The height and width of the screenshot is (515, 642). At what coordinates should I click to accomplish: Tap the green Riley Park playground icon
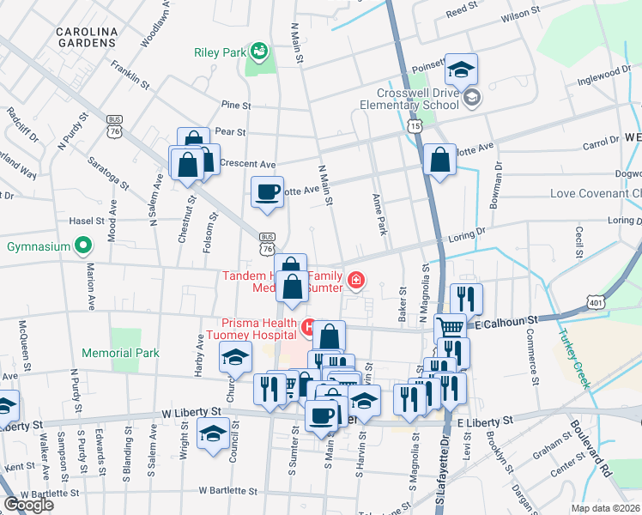point(257,53)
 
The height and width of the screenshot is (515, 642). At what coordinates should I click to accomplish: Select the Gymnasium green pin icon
point(83,247)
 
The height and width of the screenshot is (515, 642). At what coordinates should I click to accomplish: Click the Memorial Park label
point(121,353)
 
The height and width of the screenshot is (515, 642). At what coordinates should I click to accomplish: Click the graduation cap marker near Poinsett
point(462,70)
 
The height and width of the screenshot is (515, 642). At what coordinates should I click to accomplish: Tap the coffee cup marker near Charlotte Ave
point(267,191)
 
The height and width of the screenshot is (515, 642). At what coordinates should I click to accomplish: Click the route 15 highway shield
point(415,126)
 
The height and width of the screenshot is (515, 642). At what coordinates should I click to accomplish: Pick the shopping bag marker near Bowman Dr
point(439,160)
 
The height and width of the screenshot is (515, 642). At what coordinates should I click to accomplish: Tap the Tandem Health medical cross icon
point(354,280)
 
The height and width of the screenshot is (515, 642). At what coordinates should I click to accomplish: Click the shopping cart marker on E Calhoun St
point(450,327)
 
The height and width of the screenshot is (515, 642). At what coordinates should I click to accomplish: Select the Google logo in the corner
point(29,505)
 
